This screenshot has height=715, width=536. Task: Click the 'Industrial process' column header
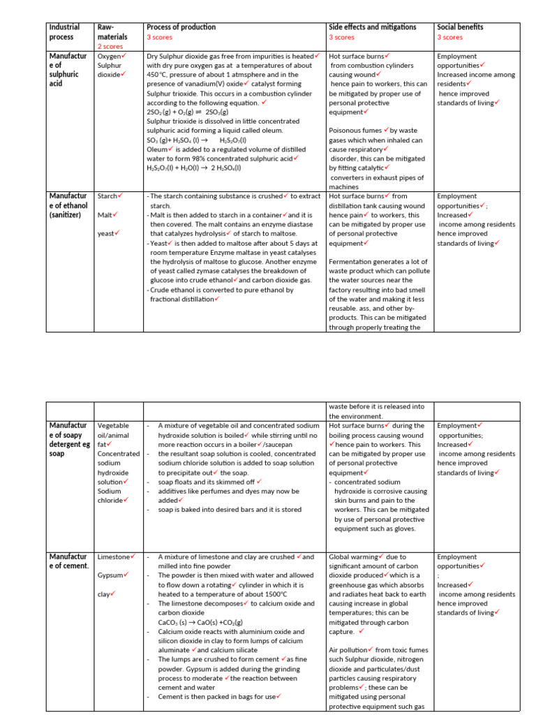point(64,32)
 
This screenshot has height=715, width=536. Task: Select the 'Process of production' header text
point(181,27)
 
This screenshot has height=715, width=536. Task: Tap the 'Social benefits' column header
point(460,27)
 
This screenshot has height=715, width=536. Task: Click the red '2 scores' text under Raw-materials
point(110,47)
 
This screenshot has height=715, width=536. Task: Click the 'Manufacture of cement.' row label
point(68,561)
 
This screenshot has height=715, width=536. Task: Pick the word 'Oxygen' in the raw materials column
point(109,56)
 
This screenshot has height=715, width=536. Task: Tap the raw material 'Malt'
point(105,215)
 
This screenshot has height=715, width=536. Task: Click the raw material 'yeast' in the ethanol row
point(106,234)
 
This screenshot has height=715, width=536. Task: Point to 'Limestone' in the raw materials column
point(113,557)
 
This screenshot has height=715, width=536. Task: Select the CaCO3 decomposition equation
point(200,622)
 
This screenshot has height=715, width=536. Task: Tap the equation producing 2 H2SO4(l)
point(193,168)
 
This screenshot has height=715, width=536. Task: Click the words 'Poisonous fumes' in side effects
point(357,131)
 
